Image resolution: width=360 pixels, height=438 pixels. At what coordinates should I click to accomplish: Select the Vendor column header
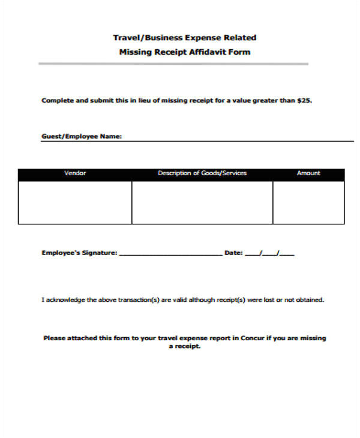point(75,173)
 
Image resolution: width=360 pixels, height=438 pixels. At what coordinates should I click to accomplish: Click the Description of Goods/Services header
point(202,173)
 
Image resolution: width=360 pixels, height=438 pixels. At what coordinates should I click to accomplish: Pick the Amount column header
point(308,173)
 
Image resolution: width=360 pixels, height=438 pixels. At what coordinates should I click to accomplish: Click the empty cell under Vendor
point(75,202)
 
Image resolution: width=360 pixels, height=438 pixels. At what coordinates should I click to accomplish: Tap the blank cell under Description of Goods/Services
point(202,202)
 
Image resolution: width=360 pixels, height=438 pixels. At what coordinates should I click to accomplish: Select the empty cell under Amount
point(308,202)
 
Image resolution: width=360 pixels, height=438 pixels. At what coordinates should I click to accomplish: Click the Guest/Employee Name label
point(82,136)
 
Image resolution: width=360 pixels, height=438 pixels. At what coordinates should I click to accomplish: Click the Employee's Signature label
point(79,253)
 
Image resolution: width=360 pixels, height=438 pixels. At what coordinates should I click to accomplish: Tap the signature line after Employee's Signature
point(170,254)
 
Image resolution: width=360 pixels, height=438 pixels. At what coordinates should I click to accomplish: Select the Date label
point(233,253)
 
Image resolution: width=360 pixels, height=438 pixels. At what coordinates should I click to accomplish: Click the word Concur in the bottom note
point(252,338)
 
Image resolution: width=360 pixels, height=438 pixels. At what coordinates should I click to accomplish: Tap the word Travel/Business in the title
point(140,37)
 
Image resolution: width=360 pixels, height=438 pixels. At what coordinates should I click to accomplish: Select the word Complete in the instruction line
point(56,100)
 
